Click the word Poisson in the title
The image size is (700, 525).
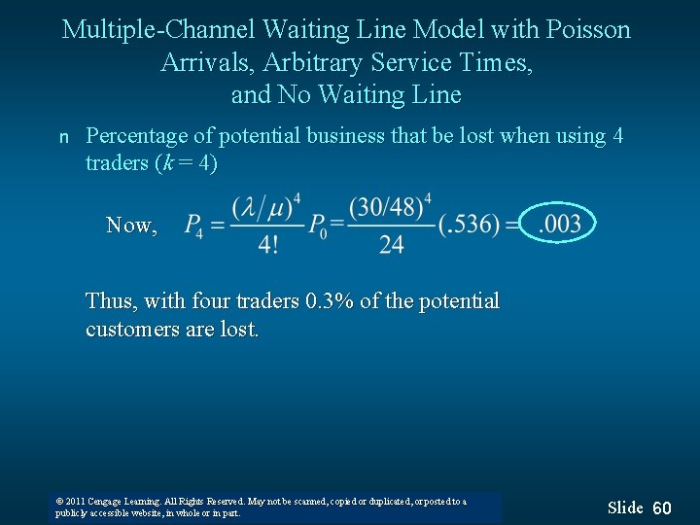pyautogui.click(x=586, y=30)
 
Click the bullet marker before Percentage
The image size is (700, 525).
pyautogui.click(x=64, y=138)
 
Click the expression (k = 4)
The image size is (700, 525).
pyautogui.click(x=186, y=163)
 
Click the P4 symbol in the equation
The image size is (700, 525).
pyautogui.click(x=193, y=226)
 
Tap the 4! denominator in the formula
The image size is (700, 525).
pyautogui.click(x=267, y=244)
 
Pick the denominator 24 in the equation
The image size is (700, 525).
pyautogui.click(x=391, y=244)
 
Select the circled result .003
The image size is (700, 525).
pyautogui.click(x=560, y=225)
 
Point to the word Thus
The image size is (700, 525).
pyautogui.click(x=111, y=301)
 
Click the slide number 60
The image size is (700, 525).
pyautogui.click(x=662, y=508)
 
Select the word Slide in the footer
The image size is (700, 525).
pyautogui.click(x=625, y=507)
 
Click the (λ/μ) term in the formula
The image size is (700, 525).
pyautogui.click(x=262, y=208)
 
